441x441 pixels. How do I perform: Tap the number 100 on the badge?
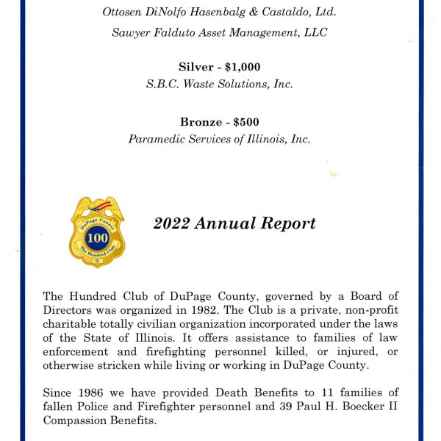[x=98, y=239]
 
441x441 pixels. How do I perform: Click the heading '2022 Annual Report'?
[x=234, y=223]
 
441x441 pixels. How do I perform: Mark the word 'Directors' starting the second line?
[x=71, y=309]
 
